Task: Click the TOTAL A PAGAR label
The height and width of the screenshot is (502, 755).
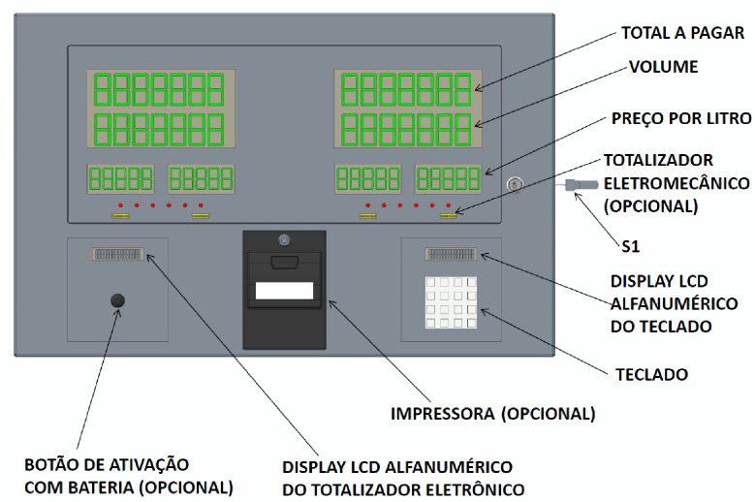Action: (x=682, y=33)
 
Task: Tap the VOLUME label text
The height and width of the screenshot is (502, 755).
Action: (x=664, y=67)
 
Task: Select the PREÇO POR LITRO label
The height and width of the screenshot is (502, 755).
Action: (x=680, y=118)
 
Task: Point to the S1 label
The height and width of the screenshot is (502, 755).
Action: (x=631, y=246)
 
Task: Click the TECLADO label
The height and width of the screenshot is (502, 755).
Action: (x=651, y=374)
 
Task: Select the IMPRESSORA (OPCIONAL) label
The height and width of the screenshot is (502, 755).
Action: (x=492, y=414)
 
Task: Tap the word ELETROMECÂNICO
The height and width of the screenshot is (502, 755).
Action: (x=676, y=183)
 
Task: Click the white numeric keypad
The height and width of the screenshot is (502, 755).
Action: (x=451, y=302)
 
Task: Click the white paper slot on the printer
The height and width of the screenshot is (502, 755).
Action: (x=284, y=290)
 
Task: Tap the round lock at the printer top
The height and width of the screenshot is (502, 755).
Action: (x=284, y=239)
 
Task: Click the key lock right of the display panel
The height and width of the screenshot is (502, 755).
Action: (x=515, y=184)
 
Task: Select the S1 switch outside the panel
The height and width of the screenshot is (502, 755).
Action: (x=582, y=184)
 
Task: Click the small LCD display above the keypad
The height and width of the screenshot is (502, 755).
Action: (x=451, y=254)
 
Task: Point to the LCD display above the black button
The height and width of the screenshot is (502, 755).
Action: (x=118, y=254)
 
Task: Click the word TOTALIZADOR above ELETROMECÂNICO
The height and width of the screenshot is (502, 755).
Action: (x=658, y=160)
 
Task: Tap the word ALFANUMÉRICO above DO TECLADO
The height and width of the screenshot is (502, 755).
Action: (x=675, y=303)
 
